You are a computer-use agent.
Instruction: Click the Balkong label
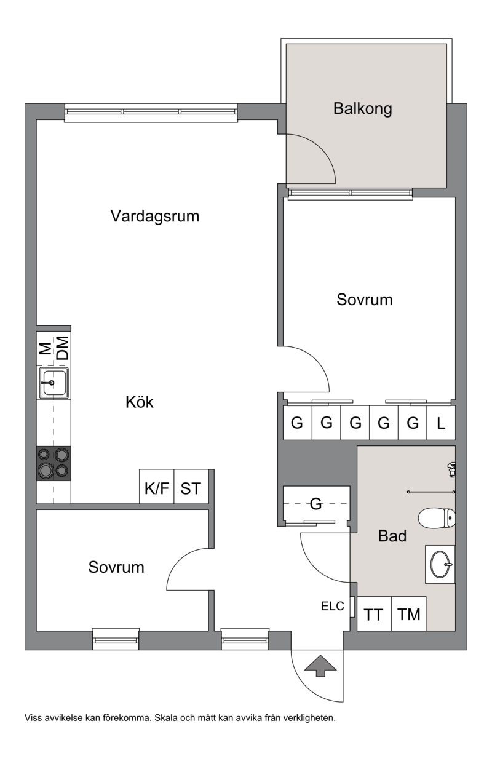(363, 109)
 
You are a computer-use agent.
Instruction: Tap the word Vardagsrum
(155, 216)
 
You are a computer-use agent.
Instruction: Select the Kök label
(139, 402)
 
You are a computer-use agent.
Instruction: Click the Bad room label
(392, 536)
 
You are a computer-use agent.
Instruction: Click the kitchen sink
(54, 383)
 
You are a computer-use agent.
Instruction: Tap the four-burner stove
(54, 463)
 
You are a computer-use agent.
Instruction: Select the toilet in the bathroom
(437, 518)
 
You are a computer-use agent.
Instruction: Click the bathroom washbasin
(440, 564)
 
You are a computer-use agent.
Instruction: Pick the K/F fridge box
(157, 487)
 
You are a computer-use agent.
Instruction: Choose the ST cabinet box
(191, 487)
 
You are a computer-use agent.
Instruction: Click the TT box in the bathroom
(374, 613)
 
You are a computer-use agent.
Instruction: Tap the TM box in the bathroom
(409, 613)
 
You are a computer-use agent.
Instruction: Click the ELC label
(333, 606)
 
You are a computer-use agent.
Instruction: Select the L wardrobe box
(441, 423)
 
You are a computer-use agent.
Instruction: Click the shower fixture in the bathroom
(451, 470)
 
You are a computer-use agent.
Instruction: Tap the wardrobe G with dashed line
(316, 504)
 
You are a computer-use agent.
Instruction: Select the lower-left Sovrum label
(116, 567)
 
